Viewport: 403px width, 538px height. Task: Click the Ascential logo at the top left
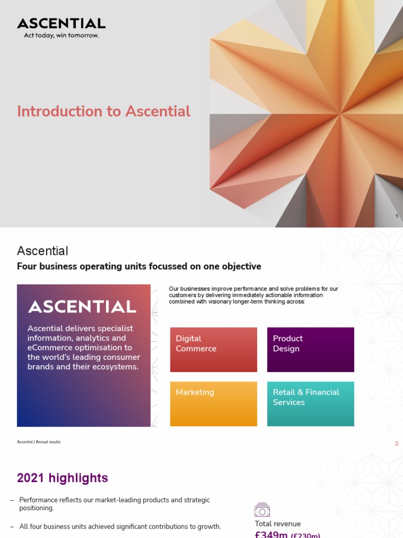click(61, 23)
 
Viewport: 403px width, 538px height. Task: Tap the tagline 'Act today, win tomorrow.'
click(61, 36)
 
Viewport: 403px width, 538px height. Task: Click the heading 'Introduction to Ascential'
click(103, 111)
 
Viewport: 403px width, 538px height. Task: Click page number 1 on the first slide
click(397, 216)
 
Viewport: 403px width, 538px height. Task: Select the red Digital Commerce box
click(214, 349)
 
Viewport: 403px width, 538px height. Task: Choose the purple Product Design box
click(311, 349)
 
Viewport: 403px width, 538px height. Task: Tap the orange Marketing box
click(214, 403)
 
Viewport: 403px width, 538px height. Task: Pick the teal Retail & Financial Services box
click(311, 403)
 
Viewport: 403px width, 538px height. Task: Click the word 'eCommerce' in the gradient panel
click(48, 348)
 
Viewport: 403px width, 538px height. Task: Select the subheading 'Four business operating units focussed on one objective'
click(139, 266)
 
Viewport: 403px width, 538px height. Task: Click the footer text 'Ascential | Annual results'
click(38, 442)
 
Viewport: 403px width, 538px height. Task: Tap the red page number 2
click(397, 444)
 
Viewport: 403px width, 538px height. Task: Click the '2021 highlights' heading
click(62, 478)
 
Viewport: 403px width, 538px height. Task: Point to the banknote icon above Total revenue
click(262, 510)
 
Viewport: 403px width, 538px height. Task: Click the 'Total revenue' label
click(278, 524)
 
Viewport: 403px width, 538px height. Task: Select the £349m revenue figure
click(271, 534)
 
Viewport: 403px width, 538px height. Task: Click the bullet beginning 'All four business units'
click(120, 526)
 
